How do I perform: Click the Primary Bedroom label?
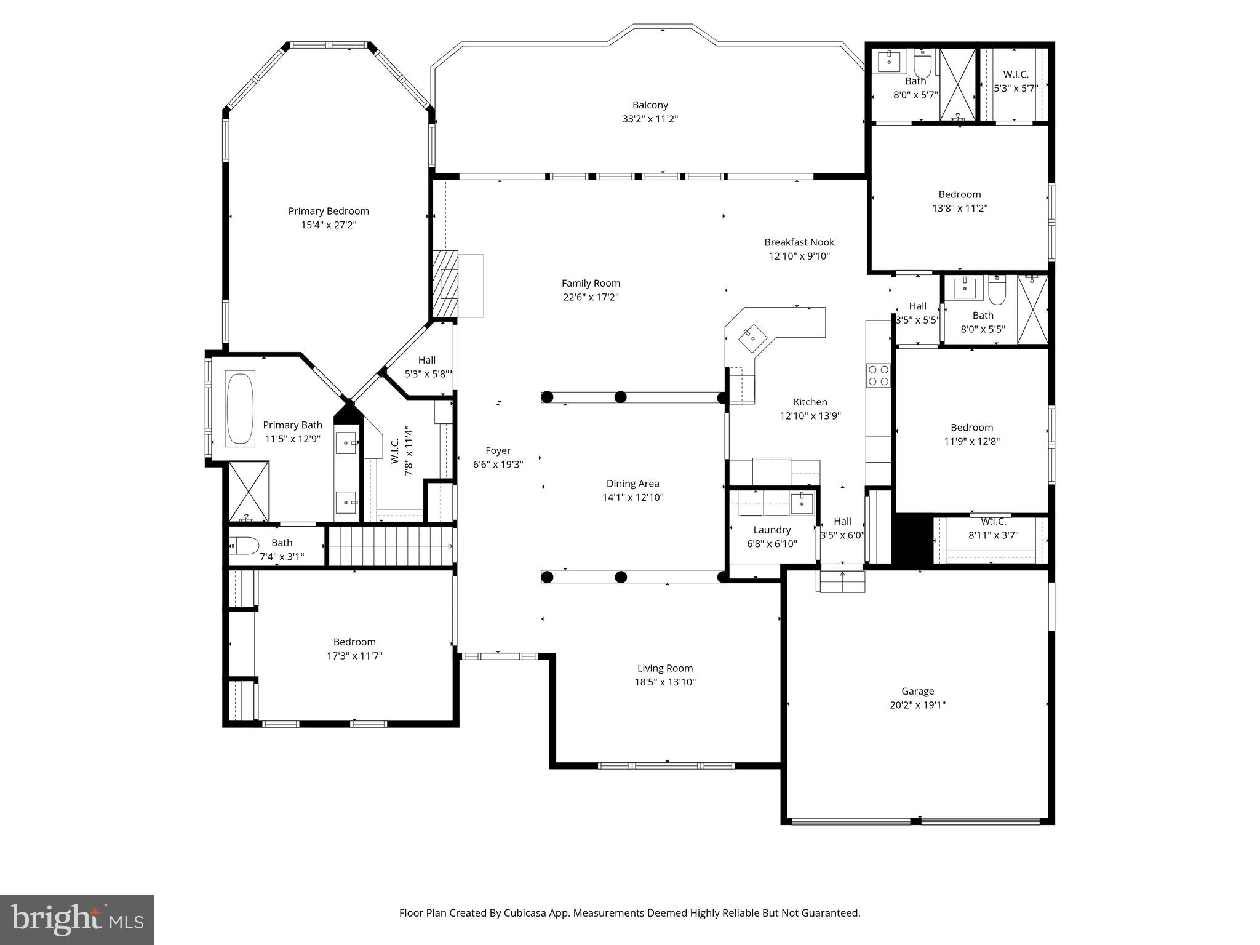[x=329, y=211]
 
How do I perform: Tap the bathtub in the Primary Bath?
[x=240, y=409]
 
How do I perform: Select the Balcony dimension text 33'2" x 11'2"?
[x=650, y=119]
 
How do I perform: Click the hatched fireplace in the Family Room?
[x=446, y=284]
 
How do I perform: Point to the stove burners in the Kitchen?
[x=878, y=375]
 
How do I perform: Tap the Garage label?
[x=917, y=691]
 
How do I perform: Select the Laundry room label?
[x=772, y=530]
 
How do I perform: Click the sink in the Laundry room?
[x=802, y=502]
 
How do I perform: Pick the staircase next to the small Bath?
[x=390, y=545]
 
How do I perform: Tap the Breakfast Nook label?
[x=799, y=242]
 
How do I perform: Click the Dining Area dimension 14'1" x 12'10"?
[x=632, y=497]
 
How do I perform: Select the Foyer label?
[x=498, y=450]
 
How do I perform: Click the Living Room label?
[x=664, y=668]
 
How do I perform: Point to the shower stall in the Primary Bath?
[x=249, y=491]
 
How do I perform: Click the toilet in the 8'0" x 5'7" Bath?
[x=923, y=63]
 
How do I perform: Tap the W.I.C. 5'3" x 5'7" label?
[x=1015, y=74]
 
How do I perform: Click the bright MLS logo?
[x=77, y=919]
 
